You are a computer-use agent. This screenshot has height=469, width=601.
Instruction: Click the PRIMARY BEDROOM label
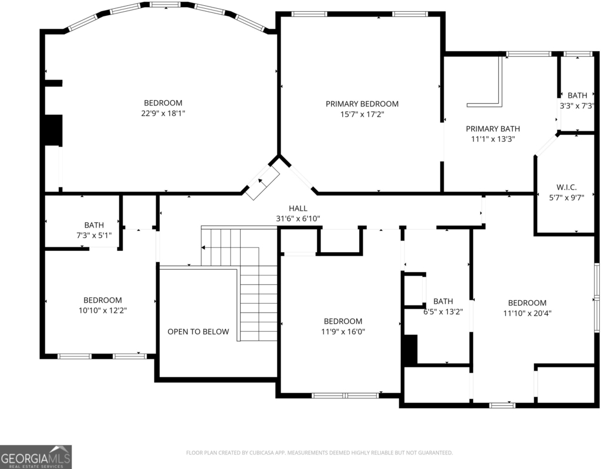tap(362, 104)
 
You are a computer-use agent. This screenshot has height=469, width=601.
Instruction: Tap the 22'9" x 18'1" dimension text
tap(163, 113)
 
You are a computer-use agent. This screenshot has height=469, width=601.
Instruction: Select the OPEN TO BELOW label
tap(198, 332)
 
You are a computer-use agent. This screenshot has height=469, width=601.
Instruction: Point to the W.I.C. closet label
tap(566, 187)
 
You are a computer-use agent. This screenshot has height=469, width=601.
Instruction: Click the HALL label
tap(298, 208)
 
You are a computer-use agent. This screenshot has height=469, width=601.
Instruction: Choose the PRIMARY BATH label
tap(493, 128)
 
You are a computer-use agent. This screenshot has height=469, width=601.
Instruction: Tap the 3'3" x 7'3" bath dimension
tap(578, 106)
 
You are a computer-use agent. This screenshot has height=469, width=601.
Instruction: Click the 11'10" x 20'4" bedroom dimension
tap(528, 313)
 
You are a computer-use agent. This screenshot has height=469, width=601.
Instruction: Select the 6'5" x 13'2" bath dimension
tap(443, 312)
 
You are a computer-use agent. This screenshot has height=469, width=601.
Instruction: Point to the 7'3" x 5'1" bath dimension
tap(94, 235)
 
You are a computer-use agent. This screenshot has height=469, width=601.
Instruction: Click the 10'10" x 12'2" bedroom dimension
tap(103, 311)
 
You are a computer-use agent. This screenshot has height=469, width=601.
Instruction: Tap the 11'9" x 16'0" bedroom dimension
tap(343, 332)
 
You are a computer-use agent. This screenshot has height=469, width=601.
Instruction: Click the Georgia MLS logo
tap(36, 457)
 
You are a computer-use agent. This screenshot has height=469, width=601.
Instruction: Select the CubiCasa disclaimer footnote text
tap(319, 453)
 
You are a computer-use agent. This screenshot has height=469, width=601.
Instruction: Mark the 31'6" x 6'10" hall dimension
tap(298, 219)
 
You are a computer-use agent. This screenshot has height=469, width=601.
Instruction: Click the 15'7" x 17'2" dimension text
tap(362, 114)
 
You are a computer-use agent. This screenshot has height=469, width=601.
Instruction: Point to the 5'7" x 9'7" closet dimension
tap(566, 198)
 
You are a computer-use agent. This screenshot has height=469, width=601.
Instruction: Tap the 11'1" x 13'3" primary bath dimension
tap(493, 139)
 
